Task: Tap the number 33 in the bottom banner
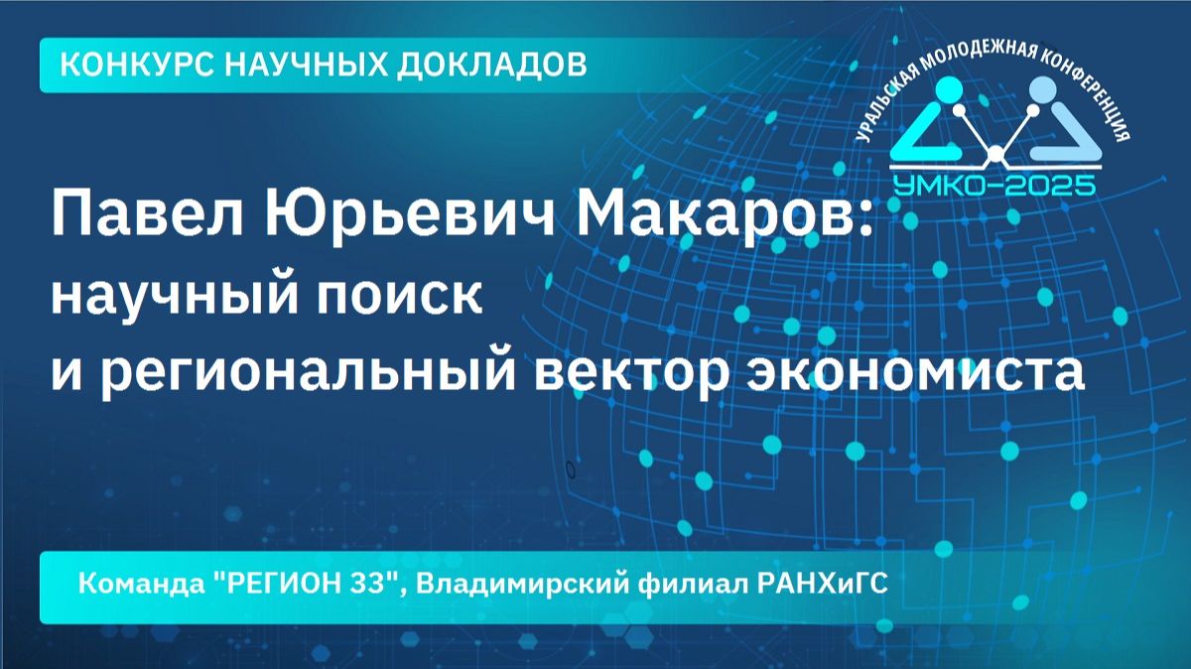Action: point(373,584)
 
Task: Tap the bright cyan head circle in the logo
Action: point(951,90)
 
